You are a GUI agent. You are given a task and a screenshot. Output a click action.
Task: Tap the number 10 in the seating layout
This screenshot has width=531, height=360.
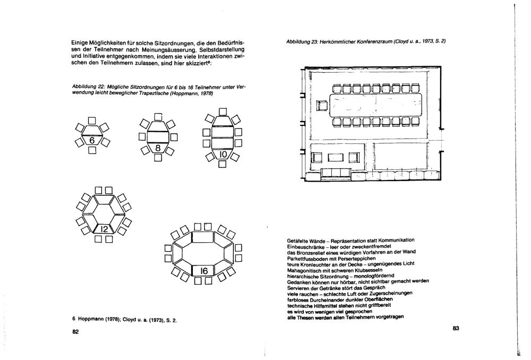coord(223,154)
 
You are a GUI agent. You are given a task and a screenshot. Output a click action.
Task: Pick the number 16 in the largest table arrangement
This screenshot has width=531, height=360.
coord(203,271)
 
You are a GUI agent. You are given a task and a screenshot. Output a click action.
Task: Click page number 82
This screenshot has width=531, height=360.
coord(75,332)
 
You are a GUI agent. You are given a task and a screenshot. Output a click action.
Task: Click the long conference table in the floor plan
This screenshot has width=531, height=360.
coord(375,106)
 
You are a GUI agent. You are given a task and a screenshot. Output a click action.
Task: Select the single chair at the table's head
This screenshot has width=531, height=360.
coord(322,106)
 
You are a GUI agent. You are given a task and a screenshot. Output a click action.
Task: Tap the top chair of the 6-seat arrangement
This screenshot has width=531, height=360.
coord(92,119)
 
